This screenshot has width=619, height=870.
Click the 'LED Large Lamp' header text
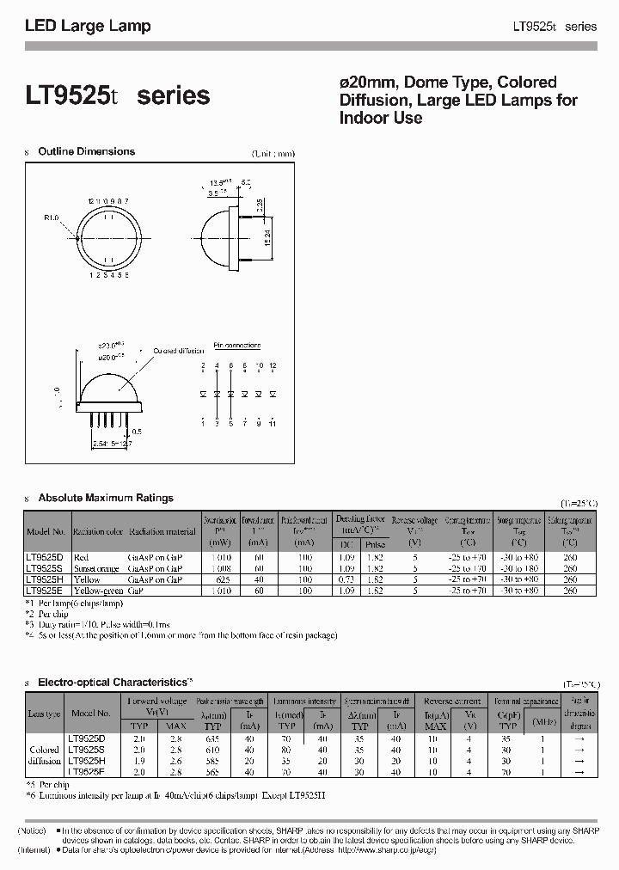point(88,26)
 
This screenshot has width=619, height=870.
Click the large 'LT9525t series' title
point(117,95)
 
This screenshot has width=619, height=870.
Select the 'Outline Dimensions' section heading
point(86,151)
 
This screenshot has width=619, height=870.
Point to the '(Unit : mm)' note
point(272,153)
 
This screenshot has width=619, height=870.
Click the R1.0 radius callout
point(52,217)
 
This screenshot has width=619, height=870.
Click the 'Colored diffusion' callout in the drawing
point(179,351)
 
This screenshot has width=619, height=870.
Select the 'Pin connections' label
point(236,346)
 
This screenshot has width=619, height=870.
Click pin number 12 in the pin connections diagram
point(273,366)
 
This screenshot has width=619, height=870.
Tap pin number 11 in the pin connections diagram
point(273,423)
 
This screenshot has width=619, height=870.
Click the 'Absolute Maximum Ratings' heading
point(105,498)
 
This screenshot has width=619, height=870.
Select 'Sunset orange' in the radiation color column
point(96,568)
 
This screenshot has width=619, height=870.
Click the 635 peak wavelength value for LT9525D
point(212,738)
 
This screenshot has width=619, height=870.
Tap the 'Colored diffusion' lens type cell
point(44,755)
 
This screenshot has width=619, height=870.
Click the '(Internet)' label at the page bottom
point(34,850)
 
